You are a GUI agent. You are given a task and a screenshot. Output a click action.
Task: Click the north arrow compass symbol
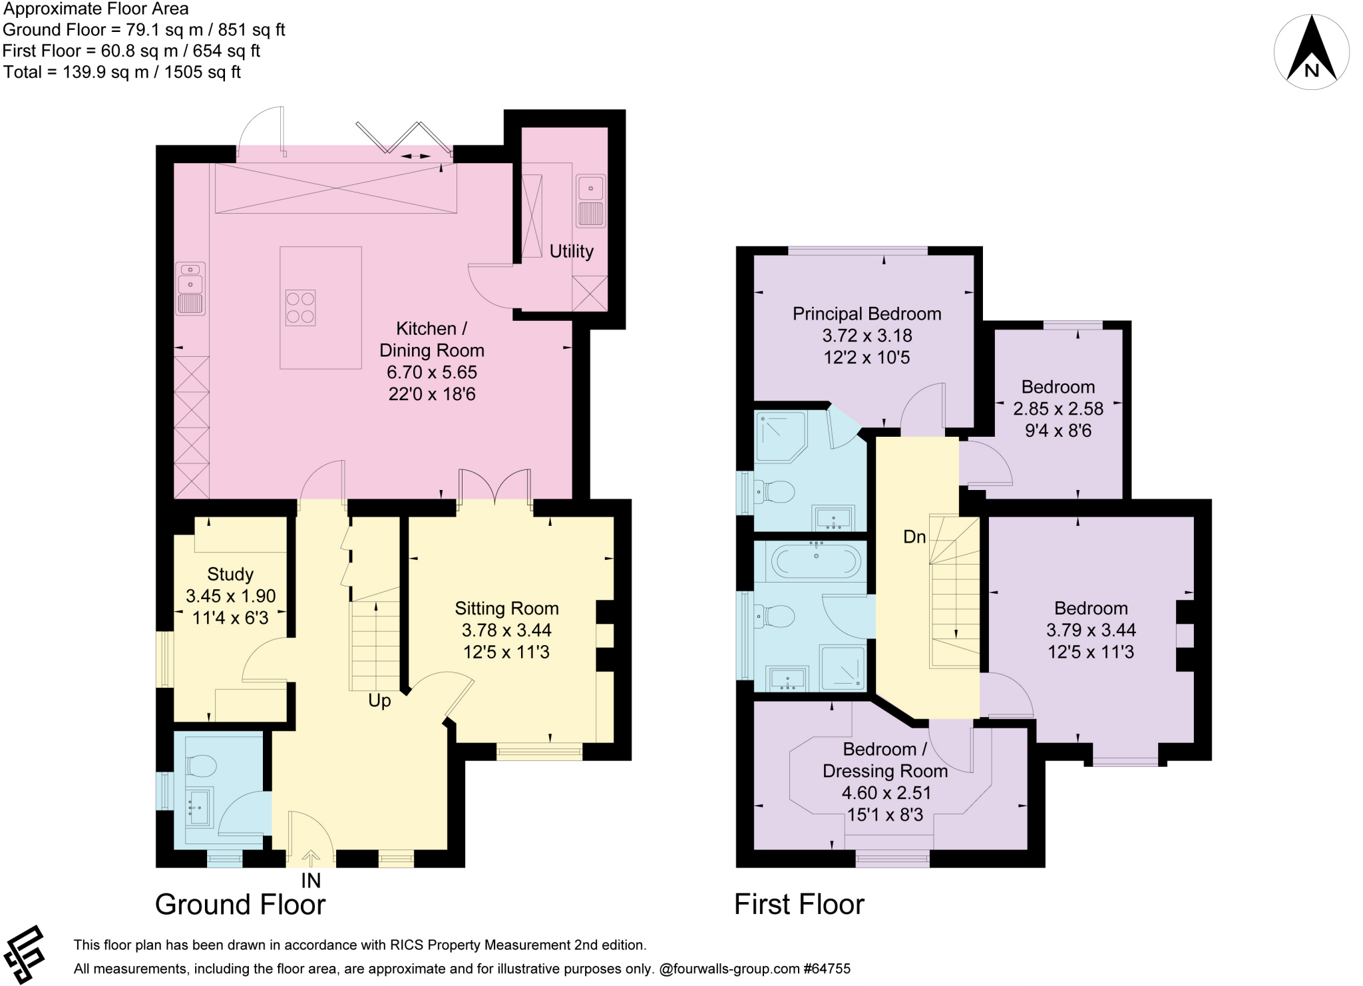(1311, 52)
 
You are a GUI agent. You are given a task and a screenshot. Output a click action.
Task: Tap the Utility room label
(571, 252)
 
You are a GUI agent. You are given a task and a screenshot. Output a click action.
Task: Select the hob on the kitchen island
(300, 308)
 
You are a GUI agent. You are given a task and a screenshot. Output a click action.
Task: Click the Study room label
(230, 575)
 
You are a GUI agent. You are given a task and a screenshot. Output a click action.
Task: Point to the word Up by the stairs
(379, 701)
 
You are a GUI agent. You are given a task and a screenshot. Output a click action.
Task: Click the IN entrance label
(311, 881)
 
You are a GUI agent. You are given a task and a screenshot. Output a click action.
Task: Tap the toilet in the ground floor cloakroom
(201, 766)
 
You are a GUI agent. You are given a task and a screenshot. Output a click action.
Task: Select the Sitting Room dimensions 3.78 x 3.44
(506, 630)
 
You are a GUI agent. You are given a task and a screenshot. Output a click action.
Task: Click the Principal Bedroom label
(867, 314)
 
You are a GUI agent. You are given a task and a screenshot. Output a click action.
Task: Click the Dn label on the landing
(914, 537)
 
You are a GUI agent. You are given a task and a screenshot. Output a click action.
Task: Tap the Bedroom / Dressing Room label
(885, 760)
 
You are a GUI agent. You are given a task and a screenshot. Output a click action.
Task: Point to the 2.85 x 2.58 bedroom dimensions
(1058, 409)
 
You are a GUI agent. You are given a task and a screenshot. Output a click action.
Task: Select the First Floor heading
(799, 905)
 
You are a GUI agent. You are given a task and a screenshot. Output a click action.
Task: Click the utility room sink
(590, 201)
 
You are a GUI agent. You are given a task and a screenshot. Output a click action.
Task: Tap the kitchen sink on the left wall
(190, 289)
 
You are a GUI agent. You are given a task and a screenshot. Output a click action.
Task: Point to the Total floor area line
(122, 72)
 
